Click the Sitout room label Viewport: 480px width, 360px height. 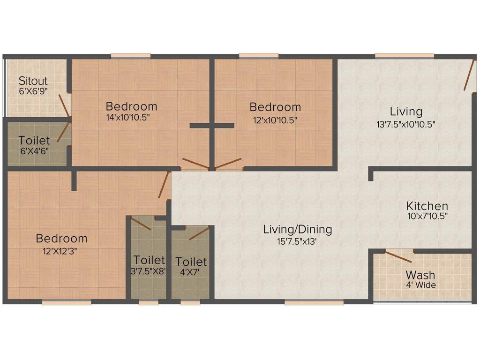(x=33, y=81)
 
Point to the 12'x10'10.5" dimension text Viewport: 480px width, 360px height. (x=275, y=120)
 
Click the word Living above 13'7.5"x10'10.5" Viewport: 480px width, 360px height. (x=406, y=112)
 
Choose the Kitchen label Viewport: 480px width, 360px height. (x=427, y=206)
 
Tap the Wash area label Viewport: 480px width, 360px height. (x=420, y=275)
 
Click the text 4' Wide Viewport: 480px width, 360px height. (x=420, y=285)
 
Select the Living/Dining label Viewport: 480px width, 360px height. (x=297, y=230)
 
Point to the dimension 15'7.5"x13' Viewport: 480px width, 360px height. (x=297, y=241)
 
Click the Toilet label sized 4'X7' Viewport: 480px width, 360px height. (x=191, y=262)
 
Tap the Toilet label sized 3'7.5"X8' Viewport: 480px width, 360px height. (x=149, y=260)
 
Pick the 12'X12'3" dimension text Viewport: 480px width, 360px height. (x=60, y=250)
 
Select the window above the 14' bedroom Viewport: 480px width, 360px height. (x=131, y=56)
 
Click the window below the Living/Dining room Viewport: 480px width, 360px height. (x=314, y=303)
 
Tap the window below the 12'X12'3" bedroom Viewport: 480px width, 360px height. (x=66, y=303)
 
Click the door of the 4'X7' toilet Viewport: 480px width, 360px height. (x=199, y=233)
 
